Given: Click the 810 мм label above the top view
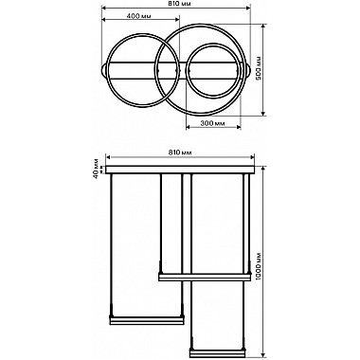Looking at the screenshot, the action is coord(175,4).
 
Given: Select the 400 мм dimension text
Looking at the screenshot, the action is coord(140,16).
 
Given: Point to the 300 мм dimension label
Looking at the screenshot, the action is coord(212,123).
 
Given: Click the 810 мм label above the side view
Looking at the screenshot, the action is coord(179,153).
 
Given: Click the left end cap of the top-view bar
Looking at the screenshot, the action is coord(103,70).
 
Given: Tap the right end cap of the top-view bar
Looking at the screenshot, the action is coord(248,70).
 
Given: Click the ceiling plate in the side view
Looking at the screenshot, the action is coord(180,170).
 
